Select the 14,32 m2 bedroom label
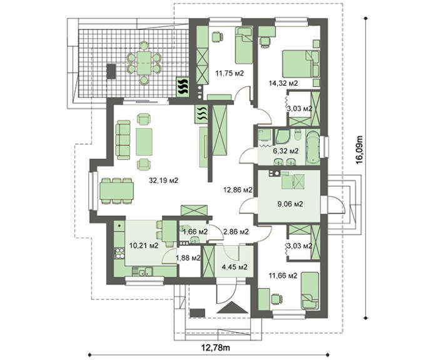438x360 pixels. [283, 82]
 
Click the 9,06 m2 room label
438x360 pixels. [290, 203]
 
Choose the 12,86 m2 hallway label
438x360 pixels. [238, 189]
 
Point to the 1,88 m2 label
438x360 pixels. [188, 257]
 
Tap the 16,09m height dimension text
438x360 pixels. [369, 150]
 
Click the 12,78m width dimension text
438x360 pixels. [214, 346]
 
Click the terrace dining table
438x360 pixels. [145, 62]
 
